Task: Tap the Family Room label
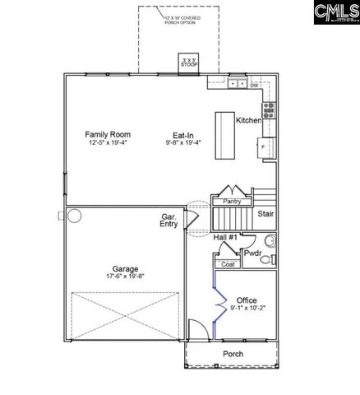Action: (x=108, y=133)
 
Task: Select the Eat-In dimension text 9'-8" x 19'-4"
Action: (x=183, y=142)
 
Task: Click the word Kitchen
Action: (x=249, y=120)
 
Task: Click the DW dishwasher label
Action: (x=255, y=85)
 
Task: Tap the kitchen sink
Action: (x=237, y=84)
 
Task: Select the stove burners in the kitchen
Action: (x=268, y=109)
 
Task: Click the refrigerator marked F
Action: (x=263, y=147)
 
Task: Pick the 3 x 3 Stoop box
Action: (x=189, y=63)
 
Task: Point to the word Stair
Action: (x=265, y=214)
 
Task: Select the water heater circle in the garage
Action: (x=75, y=216)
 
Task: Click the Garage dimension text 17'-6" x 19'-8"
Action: (x=125, y=277)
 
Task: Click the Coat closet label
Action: (x=228, y=264)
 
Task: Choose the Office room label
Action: (x=247, y=300)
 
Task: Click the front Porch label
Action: (x=233, y=355)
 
